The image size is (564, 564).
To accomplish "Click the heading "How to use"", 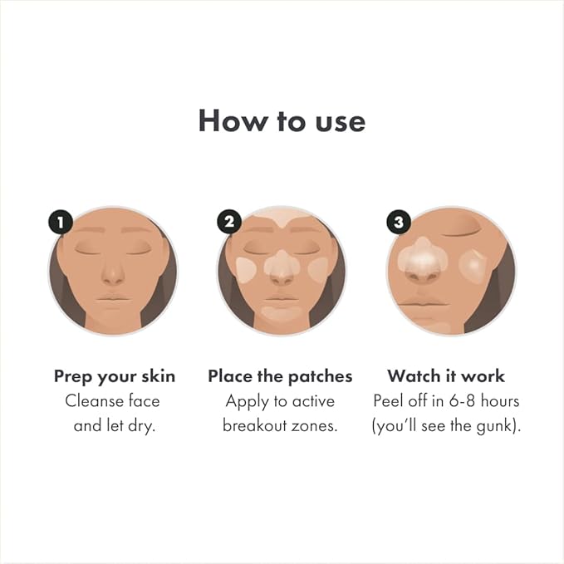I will tap(282, 121).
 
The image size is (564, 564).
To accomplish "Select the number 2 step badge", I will tap(229, 222).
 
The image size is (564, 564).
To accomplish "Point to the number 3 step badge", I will tap(399, 222).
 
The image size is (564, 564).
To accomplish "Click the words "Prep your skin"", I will tap(115, 376).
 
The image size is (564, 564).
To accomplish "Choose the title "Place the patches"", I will tap(280, 376).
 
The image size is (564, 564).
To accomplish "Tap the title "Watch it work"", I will tap(446, 376).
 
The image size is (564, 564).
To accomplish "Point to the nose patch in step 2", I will tap(281, 264).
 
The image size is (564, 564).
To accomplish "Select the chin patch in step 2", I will tap(281, 313).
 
